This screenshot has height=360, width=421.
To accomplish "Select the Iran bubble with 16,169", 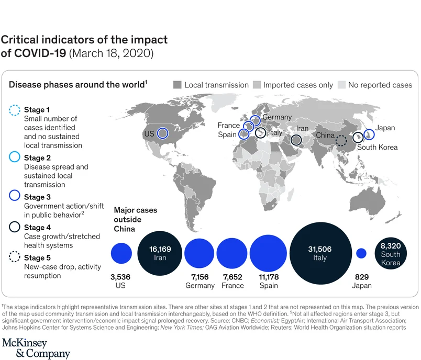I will point(160,253).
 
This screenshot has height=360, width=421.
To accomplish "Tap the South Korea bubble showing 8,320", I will point(391,254).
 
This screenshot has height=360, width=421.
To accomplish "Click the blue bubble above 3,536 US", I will point(121,253).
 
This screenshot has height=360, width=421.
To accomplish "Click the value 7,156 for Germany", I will point(200,276).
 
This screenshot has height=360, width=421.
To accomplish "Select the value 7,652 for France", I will point(232,276).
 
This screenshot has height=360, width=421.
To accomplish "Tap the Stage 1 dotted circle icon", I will point(15,111).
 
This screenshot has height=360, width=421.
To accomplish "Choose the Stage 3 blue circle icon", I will point(15,197).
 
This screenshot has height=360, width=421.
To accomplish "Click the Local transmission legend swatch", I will point(177,85).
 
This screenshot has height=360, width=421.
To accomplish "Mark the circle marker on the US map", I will point(162,133).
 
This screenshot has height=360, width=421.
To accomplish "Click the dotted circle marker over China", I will point(341,140).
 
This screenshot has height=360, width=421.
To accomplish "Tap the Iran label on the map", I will point(302,128).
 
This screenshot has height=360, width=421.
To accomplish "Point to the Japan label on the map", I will point(385,128).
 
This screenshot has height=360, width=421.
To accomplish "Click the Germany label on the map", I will point(277,117).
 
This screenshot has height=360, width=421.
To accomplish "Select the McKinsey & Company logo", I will point(35,348).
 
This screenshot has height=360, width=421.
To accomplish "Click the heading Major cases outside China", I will point(135,220).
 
